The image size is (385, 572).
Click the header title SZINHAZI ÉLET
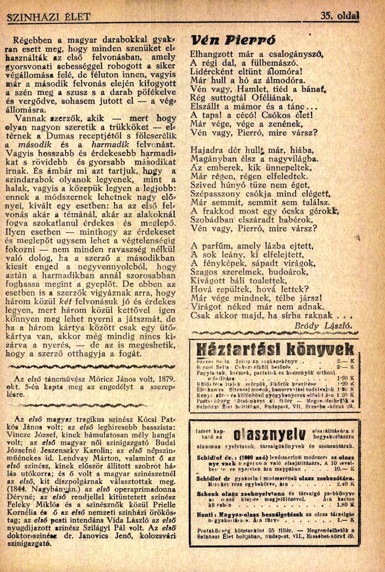(x=49, y=17)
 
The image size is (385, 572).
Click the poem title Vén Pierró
(x=233, y=41)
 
